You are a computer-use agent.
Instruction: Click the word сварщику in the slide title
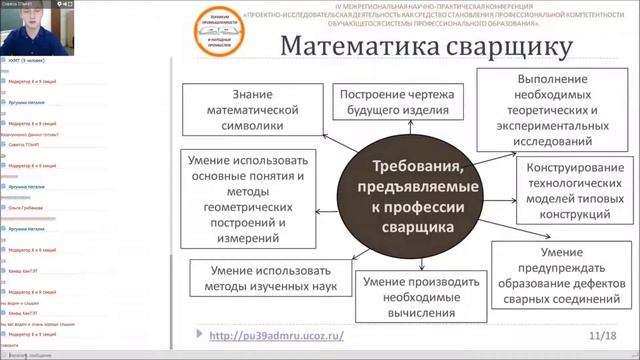(x=508, y=48)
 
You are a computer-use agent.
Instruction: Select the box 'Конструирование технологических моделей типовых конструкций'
(x=572, y=187)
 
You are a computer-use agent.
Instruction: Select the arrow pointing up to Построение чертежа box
(x=400, y=134)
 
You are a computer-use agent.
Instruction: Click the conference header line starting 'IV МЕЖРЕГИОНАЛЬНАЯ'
(x=432, y=6)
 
